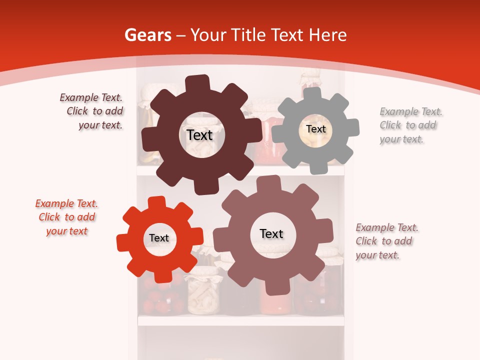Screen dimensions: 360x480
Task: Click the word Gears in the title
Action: tap(148, 35)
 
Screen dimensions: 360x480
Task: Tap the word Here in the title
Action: tap(327, 35)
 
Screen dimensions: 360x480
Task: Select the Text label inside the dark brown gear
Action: tap(199, 135)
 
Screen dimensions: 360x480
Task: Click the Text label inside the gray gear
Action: tap(315, 129)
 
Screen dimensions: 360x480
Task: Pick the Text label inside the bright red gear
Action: tap(159, 238)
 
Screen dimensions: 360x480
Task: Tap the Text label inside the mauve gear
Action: tap(271, 233)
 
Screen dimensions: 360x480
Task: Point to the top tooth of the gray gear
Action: tap(312, 93)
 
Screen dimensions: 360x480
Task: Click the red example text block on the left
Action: tap(66, 217)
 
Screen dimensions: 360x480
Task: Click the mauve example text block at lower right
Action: tap(386, 241)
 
